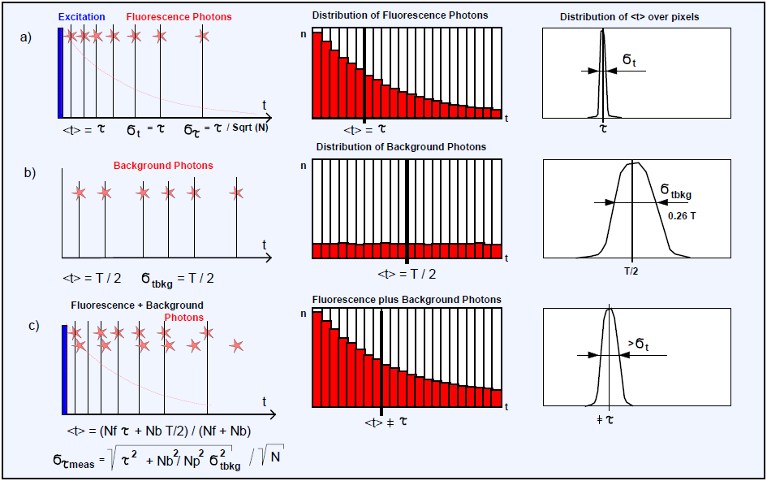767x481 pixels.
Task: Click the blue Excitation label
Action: click(x=82, y=16)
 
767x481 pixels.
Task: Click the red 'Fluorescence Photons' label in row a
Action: click(x=179, y=16)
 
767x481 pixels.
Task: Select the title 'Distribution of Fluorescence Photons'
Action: click(x=400, y=15)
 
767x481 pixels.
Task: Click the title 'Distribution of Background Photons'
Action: click(x=401, y=147)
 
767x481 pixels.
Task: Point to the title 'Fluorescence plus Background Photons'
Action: click(x=407, y=300)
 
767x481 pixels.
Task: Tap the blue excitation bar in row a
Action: click(x=60, y=71)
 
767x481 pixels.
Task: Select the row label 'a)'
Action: click(x=26, y=37)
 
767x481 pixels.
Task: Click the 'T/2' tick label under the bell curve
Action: click(x=631, y=271)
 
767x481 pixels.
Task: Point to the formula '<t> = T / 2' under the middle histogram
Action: click(x=406, y=274)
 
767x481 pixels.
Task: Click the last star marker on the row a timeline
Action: click(x=204, y=36)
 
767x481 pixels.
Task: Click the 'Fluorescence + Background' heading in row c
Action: click(x=126, y=305)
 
